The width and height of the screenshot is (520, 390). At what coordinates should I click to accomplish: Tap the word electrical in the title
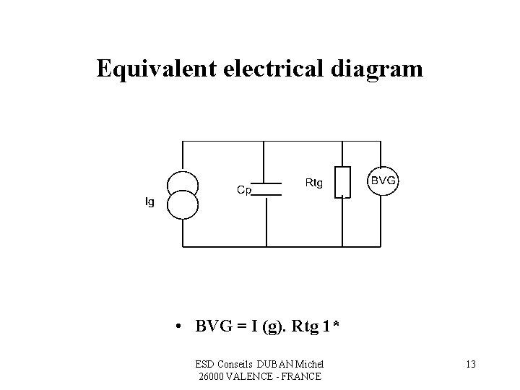(262, 69)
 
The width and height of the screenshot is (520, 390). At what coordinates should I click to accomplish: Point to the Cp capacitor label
(244, 190)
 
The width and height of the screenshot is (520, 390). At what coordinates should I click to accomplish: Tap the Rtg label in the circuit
(314, 183)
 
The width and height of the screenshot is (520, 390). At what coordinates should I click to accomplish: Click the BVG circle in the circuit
(383, 181)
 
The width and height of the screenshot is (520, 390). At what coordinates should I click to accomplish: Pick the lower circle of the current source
(183, 204)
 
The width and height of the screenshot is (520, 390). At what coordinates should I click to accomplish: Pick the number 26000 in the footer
(210, 376)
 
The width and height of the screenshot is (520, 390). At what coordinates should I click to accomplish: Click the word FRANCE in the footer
(301, 376)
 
